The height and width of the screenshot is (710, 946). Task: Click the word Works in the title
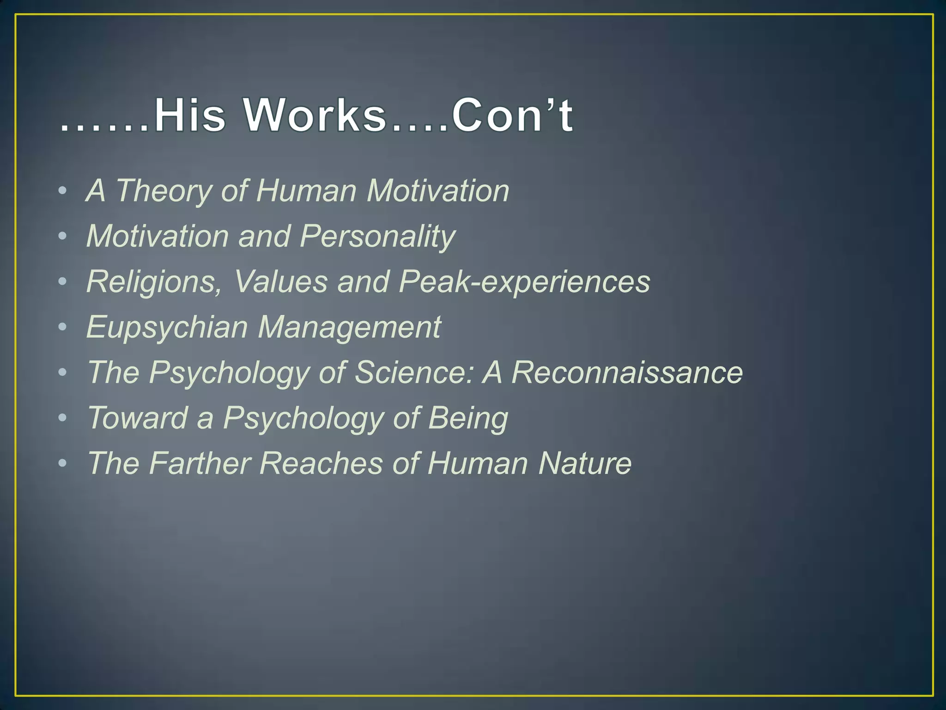(315, 115)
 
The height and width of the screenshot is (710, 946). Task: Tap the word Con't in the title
(513, 115)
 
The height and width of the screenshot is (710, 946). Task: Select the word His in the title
(190, 115)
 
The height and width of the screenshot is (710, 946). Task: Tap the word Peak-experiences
(524, 282)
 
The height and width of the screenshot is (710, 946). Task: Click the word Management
(349, 327)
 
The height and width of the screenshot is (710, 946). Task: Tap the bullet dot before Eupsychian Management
(63, 327)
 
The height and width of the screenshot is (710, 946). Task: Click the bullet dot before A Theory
(63, 191)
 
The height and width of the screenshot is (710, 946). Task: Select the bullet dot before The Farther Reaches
(63, 463)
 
